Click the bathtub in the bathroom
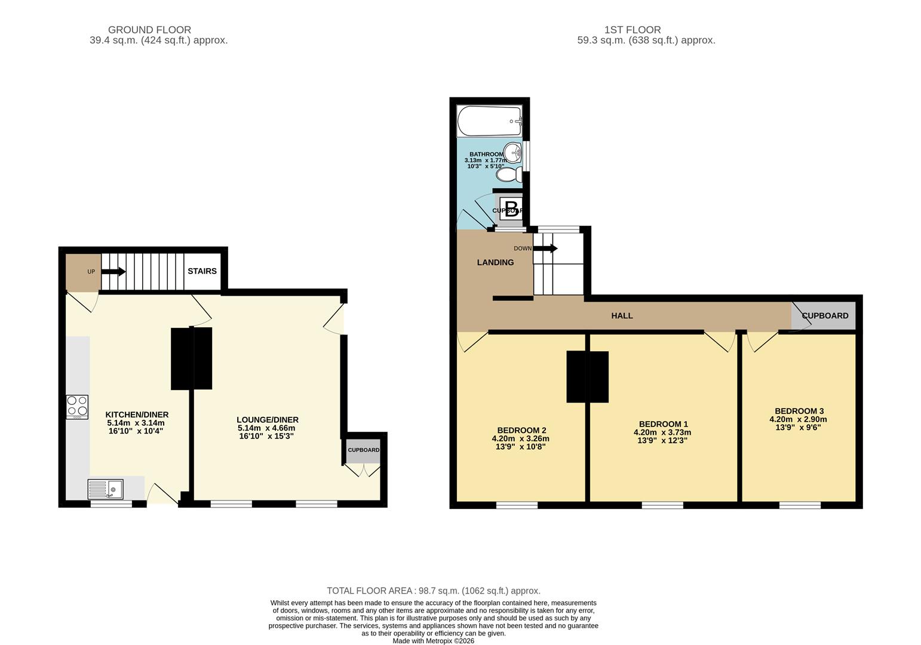click(489, 121)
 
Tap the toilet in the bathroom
click(509, 175)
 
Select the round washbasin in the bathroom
click(512, 152)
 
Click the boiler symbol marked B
click(511, 208)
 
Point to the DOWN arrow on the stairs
click(545, 248)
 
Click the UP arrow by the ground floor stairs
click(113, 272)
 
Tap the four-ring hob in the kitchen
click(77, 406)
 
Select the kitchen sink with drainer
click(106, 489)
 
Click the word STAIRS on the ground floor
click(202, 271)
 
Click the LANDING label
click(495, 262)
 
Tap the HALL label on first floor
click(622, 315)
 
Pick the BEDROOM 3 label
click(799, 411)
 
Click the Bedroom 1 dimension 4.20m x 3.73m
click(662, 432)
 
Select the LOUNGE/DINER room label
click(267, 420)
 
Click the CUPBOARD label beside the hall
click(824, 315)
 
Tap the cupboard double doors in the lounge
click(363, 471)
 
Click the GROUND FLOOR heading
click(149, 29)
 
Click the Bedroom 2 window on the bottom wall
click(517, 505)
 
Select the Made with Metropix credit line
click(433, 641)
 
